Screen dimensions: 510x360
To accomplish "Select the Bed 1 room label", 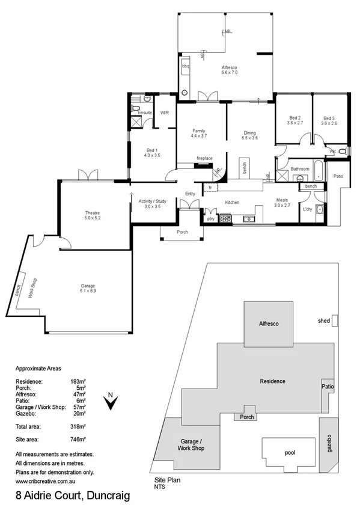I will tap(152, 152).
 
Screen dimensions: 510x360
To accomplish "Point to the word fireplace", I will tap(205, 158).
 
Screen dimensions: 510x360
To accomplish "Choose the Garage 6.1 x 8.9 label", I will tap(88, 288).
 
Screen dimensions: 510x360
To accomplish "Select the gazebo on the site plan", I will tap(328, 444).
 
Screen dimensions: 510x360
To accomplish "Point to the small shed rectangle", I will tap(335, 321).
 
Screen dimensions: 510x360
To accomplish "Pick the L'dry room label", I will tap(308, 209).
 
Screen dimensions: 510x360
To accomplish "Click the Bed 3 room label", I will tap(329, 120).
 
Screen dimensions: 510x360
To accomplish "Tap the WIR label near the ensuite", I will tap(164, 112).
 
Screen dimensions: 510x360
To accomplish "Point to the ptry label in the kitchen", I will tap(210, 219).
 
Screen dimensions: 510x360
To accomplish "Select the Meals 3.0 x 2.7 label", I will tap(282, 203).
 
